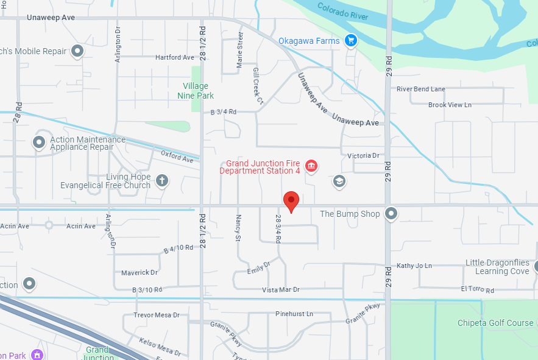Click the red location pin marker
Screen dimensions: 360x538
[x=291, y=201]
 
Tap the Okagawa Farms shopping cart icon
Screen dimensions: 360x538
[x=350, y=41]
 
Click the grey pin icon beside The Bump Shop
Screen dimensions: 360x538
[x=391, y=214]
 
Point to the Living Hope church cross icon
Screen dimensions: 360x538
[x=161, y=180]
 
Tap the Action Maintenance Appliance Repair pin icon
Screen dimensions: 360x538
[x=39, y=143]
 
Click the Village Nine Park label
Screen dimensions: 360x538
[x=196, y=91]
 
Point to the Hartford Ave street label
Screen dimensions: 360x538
[x=174, y=57]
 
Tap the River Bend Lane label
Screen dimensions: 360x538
[x=421, y=89]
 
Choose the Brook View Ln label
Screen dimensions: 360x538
[x=450, y=105]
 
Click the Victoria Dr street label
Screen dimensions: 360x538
[x=363, y=156]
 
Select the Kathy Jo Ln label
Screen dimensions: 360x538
[x=414, y=266]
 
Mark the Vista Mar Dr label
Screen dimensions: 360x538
[x=280, y=289]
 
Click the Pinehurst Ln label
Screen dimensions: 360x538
[x=294, y=314]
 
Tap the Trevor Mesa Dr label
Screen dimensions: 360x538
[x=157, y=315]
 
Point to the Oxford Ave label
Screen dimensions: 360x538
[x=177, y=157]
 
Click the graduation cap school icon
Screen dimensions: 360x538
[x=339, y=181]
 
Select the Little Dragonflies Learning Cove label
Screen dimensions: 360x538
[x=497, y=267]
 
